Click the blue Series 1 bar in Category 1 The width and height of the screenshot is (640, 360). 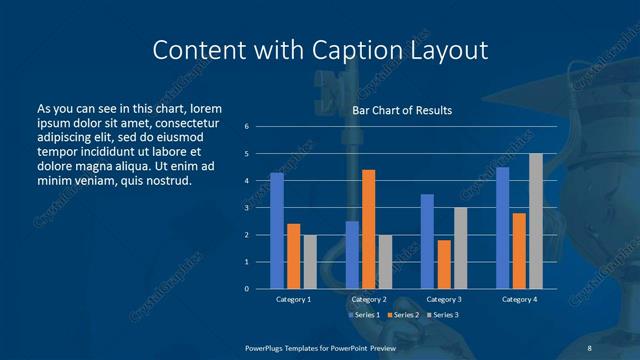[x=277, y=231]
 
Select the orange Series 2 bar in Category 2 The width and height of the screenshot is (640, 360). [x=368, y=229]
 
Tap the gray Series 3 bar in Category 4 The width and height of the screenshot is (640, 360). [x=536, y=221]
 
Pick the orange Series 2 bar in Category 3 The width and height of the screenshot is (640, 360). [x=443, y=264]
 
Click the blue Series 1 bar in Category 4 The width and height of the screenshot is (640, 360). [x=502, y=228]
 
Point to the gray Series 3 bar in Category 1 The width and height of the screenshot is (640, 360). [x=310, y=262]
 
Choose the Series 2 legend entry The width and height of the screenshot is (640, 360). [x=402, y=315]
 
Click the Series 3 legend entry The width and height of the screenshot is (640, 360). [x=442, y=315]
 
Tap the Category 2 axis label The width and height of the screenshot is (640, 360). [x=369, y=299]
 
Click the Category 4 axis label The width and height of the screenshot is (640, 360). [x=519, y=299]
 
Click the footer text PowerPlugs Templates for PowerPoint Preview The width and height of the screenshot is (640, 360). [x=319, y=346]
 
